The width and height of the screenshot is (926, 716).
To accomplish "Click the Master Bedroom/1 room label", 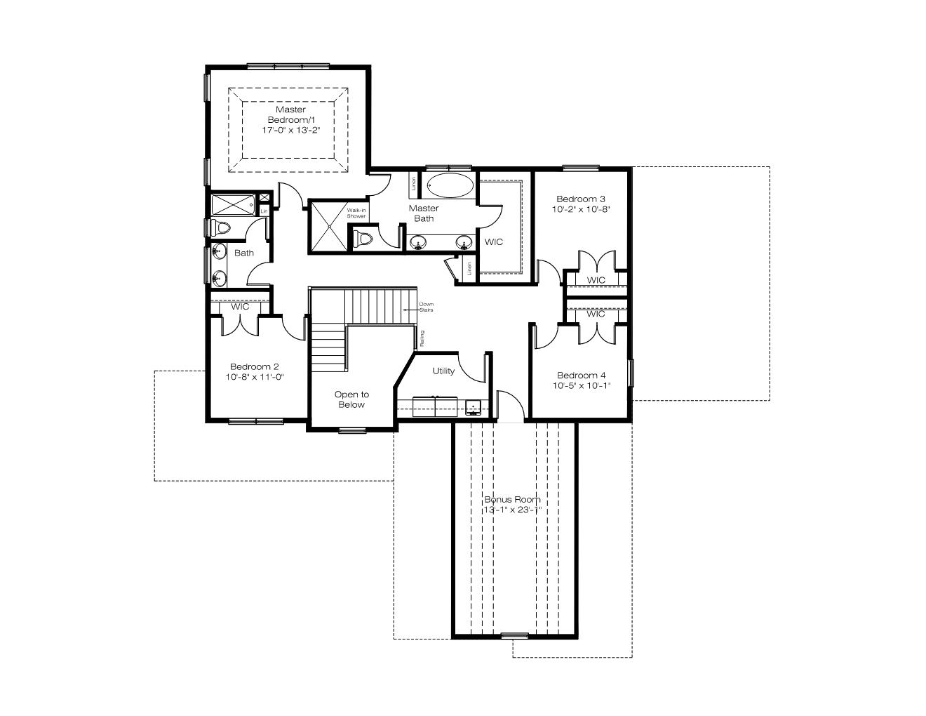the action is click(291, 114).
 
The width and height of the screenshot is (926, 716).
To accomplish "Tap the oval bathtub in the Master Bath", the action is click(450, 186).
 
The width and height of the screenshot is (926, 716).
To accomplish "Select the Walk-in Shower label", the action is click(356, 213).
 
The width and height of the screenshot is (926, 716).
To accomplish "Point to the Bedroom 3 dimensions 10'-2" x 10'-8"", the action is click(581, 209).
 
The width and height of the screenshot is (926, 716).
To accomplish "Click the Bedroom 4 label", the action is click(582, 376).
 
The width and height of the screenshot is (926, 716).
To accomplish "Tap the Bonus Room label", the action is click(512, 499).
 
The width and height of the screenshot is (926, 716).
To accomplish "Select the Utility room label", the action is click(443, 371).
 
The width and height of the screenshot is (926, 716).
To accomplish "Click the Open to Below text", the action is click(351, 399).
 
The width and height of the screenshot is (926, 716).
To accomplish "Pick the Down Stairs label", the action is click(426, 307).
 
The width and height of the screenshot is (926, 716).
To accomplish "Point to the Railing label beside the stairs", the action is click(422, 338).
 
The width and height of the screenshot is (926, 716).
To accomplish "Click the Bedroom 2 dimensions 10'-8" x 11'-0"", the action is click(255, 377).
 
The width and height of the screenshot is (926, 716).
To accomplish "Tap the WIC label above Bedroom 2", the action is click(240, 307).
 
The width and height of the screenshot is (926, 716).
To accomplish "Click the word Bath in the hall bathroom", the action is click(243, 253).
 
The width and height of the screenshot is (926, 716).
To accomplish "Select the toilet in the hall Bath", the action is click(222, 227).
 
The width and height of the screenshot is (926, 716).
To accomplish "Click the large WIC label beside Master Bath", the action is click(493, 241).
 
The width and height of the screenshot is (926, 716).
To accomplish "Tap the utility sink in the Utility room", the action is click(473, 406).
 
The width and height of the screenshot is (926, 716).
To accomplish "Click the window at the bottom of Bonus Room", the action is click(514, 636).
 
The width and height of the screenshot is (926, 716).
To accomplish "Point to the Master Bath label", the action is click(424, 213).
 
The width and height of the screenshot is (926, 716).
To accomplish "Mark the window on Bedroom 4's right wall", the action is click(631, 373).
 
